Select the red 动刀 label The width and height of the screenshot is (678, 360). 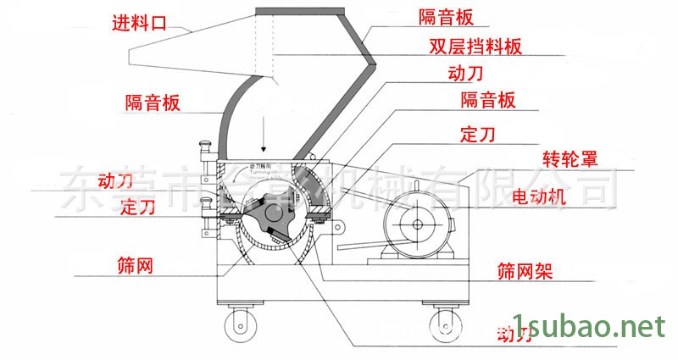116,180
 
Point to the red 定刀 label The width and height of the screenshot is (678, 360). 137,206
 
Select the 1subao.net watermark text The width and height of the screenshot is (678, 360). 594,326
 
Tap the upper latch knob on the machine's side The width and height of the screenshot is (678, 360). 204,152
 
